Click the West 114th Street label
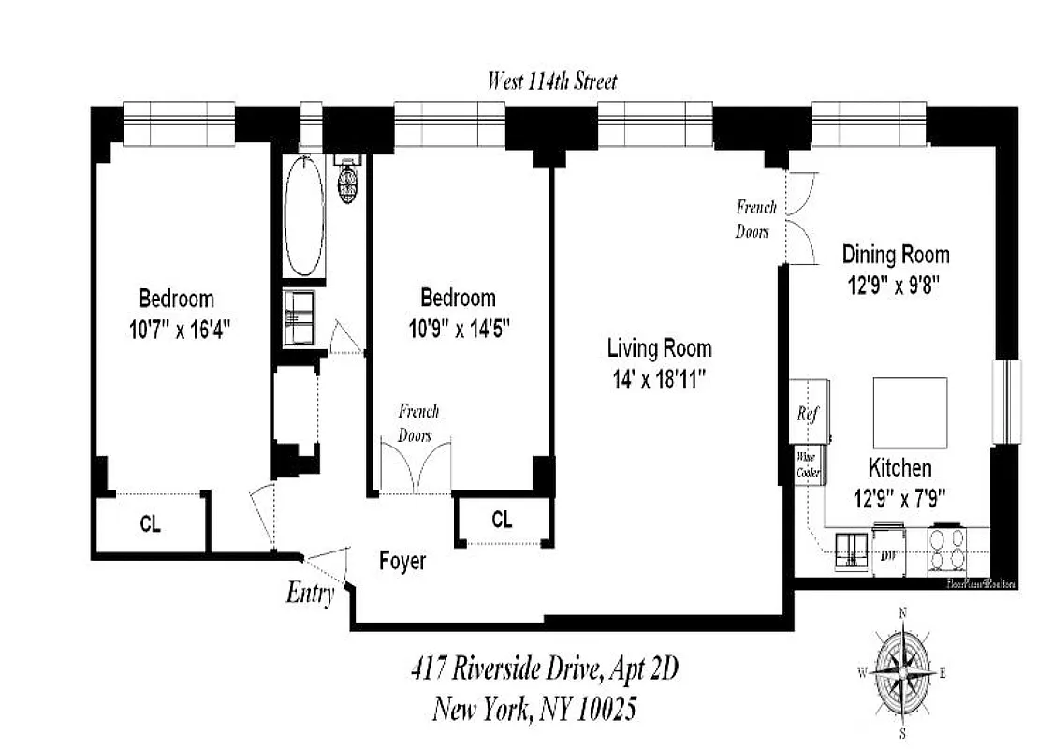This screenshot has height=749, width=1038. point(551,81)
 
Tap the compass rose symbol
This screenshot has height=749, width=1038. point(903,673)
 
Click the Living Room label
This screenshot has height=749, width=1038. point(659,349)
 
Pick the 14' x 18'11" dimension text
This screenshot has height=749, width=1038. point(659,379)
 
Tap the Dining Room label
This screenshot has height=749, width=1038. point(895,254)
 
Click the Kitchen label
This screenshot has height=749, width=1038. point(899,467)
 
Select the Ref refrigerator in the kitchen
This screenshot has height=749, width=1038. point(809,412)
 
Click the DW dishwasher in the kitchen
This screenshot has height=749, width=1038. point(888,555)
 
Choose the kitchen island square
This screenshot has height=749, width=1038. point(910,413)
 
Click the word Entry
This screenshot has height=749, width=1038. point(310,594)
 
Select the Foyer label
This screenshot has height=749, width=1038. point(402,561)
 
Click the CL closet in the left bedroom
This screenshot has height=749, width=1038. point(150,524)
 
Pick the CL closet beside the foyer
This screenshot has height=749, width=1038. point(502,520)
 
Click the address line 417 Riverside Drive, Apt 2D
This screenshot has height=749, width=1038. point(544,669)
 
